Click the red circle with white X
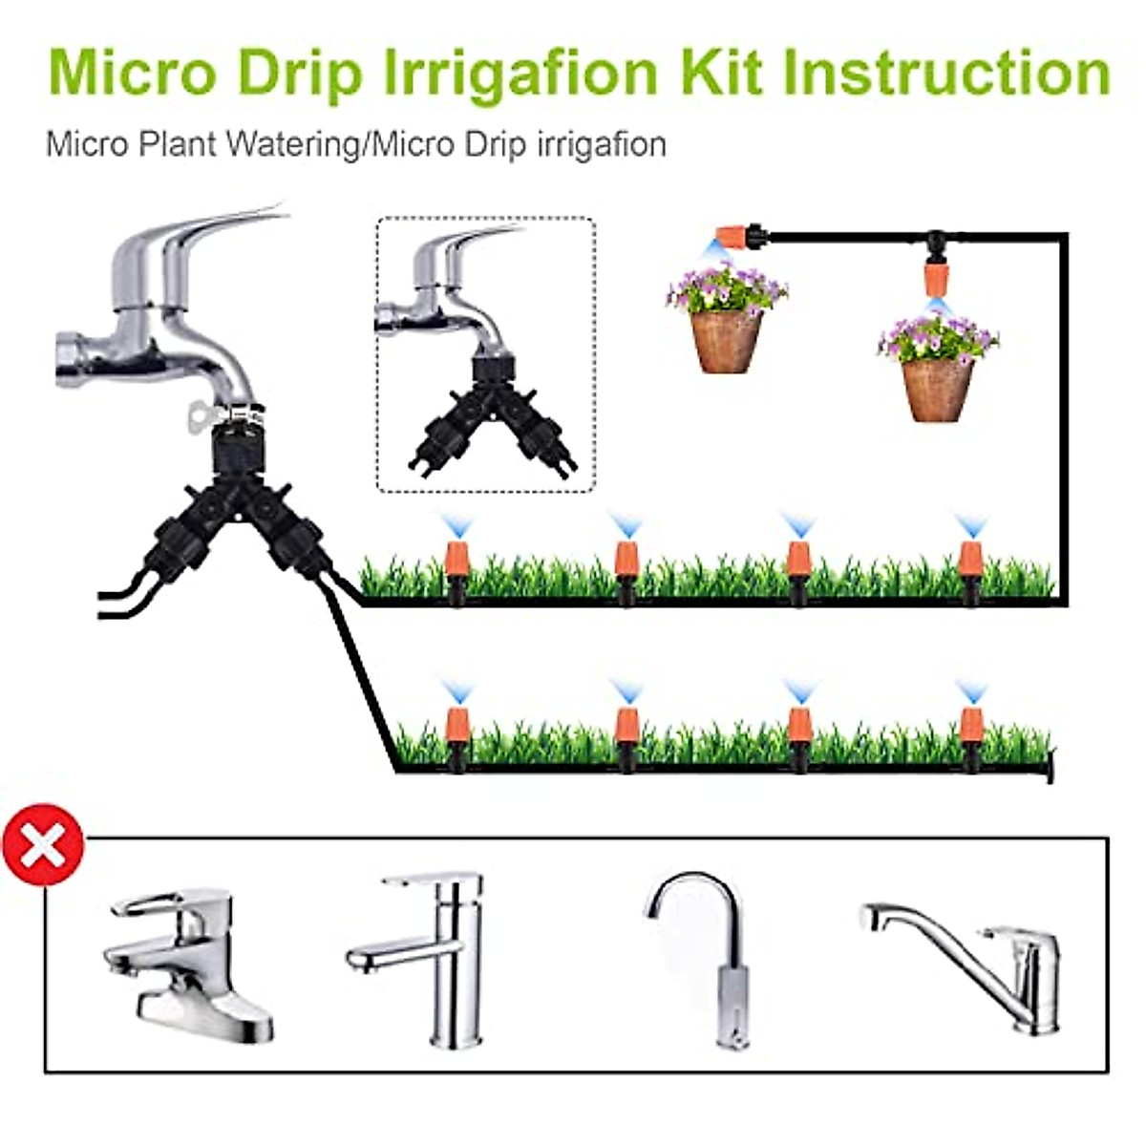[42, 845]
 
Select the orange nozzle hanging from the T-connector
[936, 276]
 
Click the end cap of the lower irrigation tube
[1050, 766]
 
